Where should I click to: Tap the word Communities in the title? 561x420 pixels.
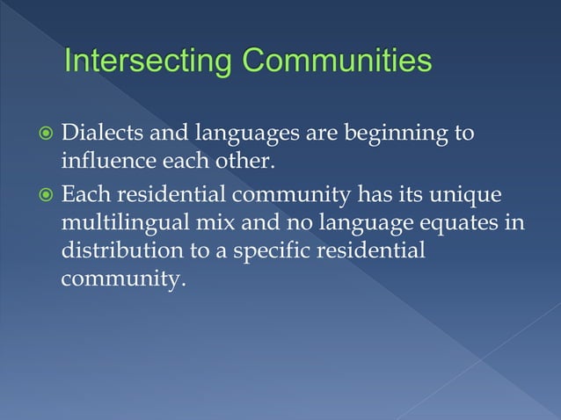(337, 62)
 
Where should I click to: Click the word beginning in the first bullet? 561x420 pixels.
(403, 135)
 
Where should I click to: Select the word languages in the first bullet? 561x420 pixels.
(244, 136)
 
